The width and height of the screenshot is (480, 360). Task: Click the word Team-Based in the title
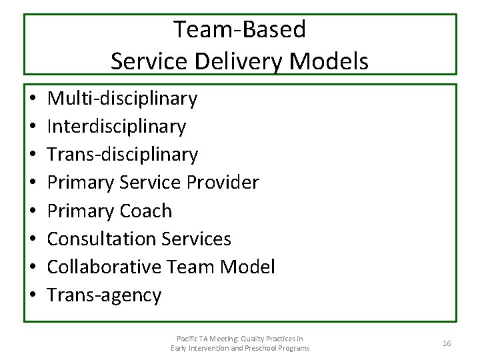click(240, 29)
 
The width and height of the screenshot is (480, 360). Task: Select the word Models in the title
click(330, 61)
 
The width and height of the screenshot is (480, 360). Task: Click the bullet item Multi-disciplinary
click(123, 99)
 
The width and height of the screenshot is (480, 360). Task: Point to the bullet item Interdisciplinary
click(117, 126)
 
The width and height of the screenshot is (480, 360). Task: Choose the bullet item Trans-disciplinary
click(123, 155)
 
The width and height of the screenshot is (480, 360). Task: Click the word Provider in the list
click(225, 182)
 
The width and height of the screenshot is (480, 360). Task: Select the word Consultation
click(101, 239)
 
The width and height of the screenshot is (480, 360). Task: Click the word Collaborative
click(104, 267)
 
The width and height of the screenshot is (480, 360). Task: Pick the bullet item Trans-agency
click(104, 295)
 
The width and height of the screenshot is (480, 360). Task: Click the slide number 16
click(447, 343)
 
